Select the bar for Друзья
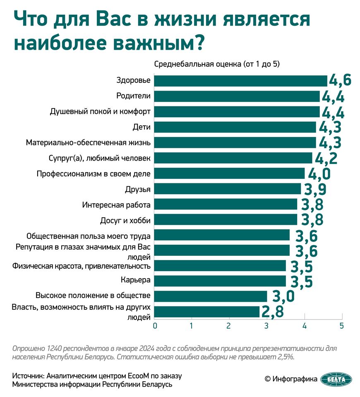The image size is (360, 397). pos(228,189)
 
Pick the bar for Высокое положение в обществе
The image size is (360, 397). pos(211,296)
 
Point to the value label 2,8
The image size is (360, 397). pos(272,312)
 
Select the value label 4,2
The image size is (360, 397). pos(326,158)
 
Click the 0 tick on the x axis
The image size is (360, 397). pos(155,326)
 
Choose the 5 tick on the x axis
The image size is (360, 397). pos(342,326)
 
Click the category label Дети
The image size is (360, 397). pos(142,127)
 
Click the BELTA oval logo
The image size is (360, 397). pos(336,379)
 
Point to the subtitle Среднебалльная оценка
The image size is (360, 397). pos(198,64)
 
